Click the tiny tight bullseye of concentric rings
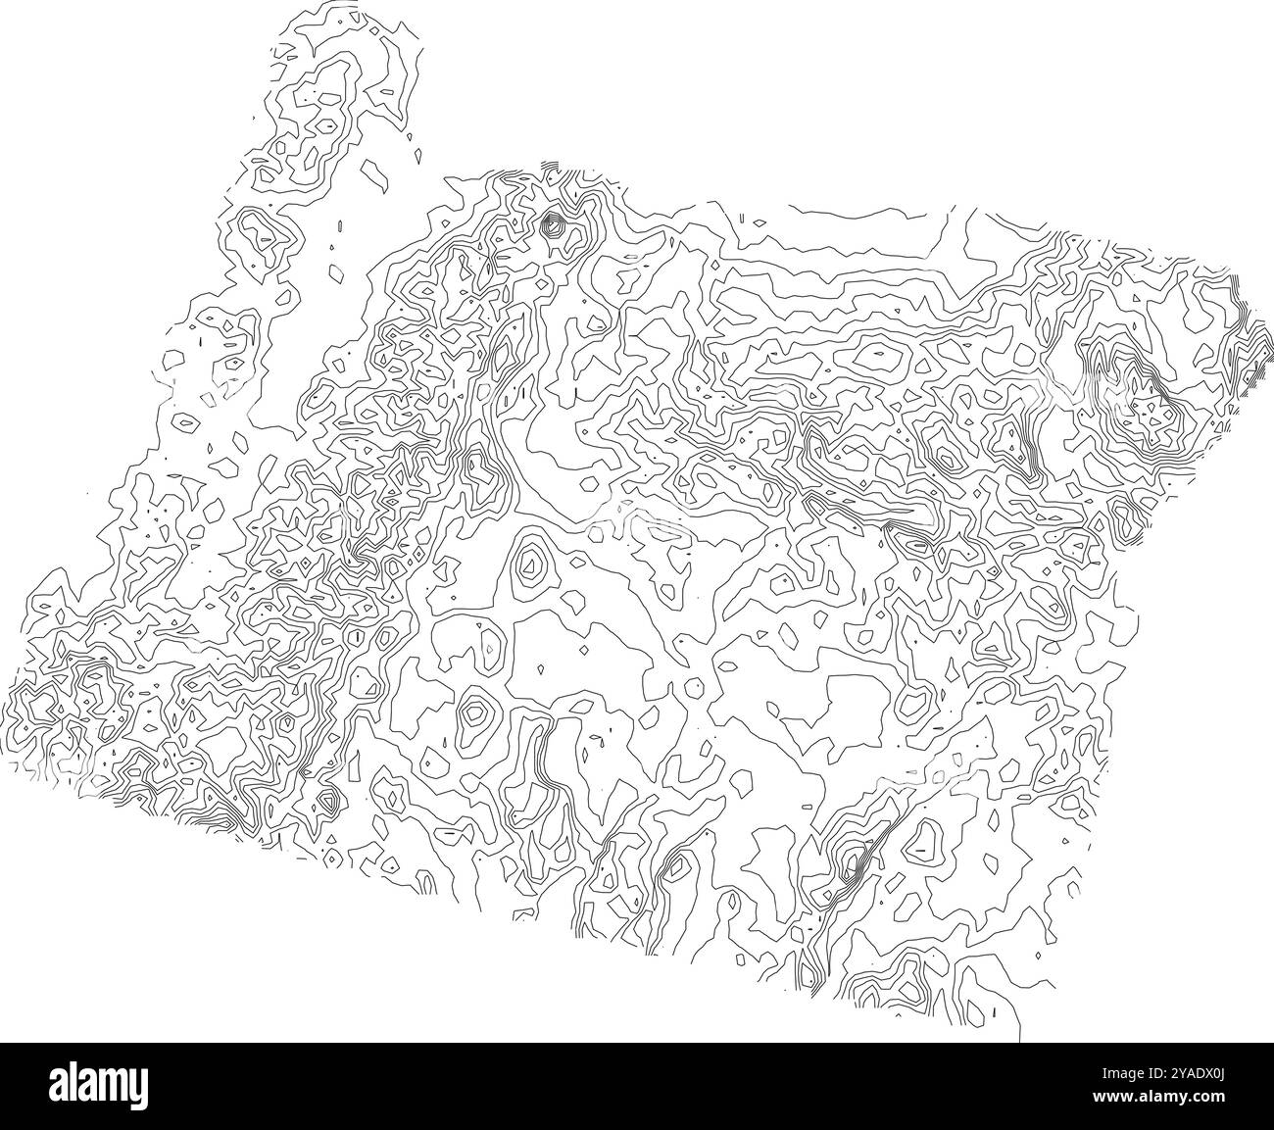553,226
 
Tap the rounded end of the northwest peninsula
323,39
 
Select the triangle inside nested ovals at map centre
530,563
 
